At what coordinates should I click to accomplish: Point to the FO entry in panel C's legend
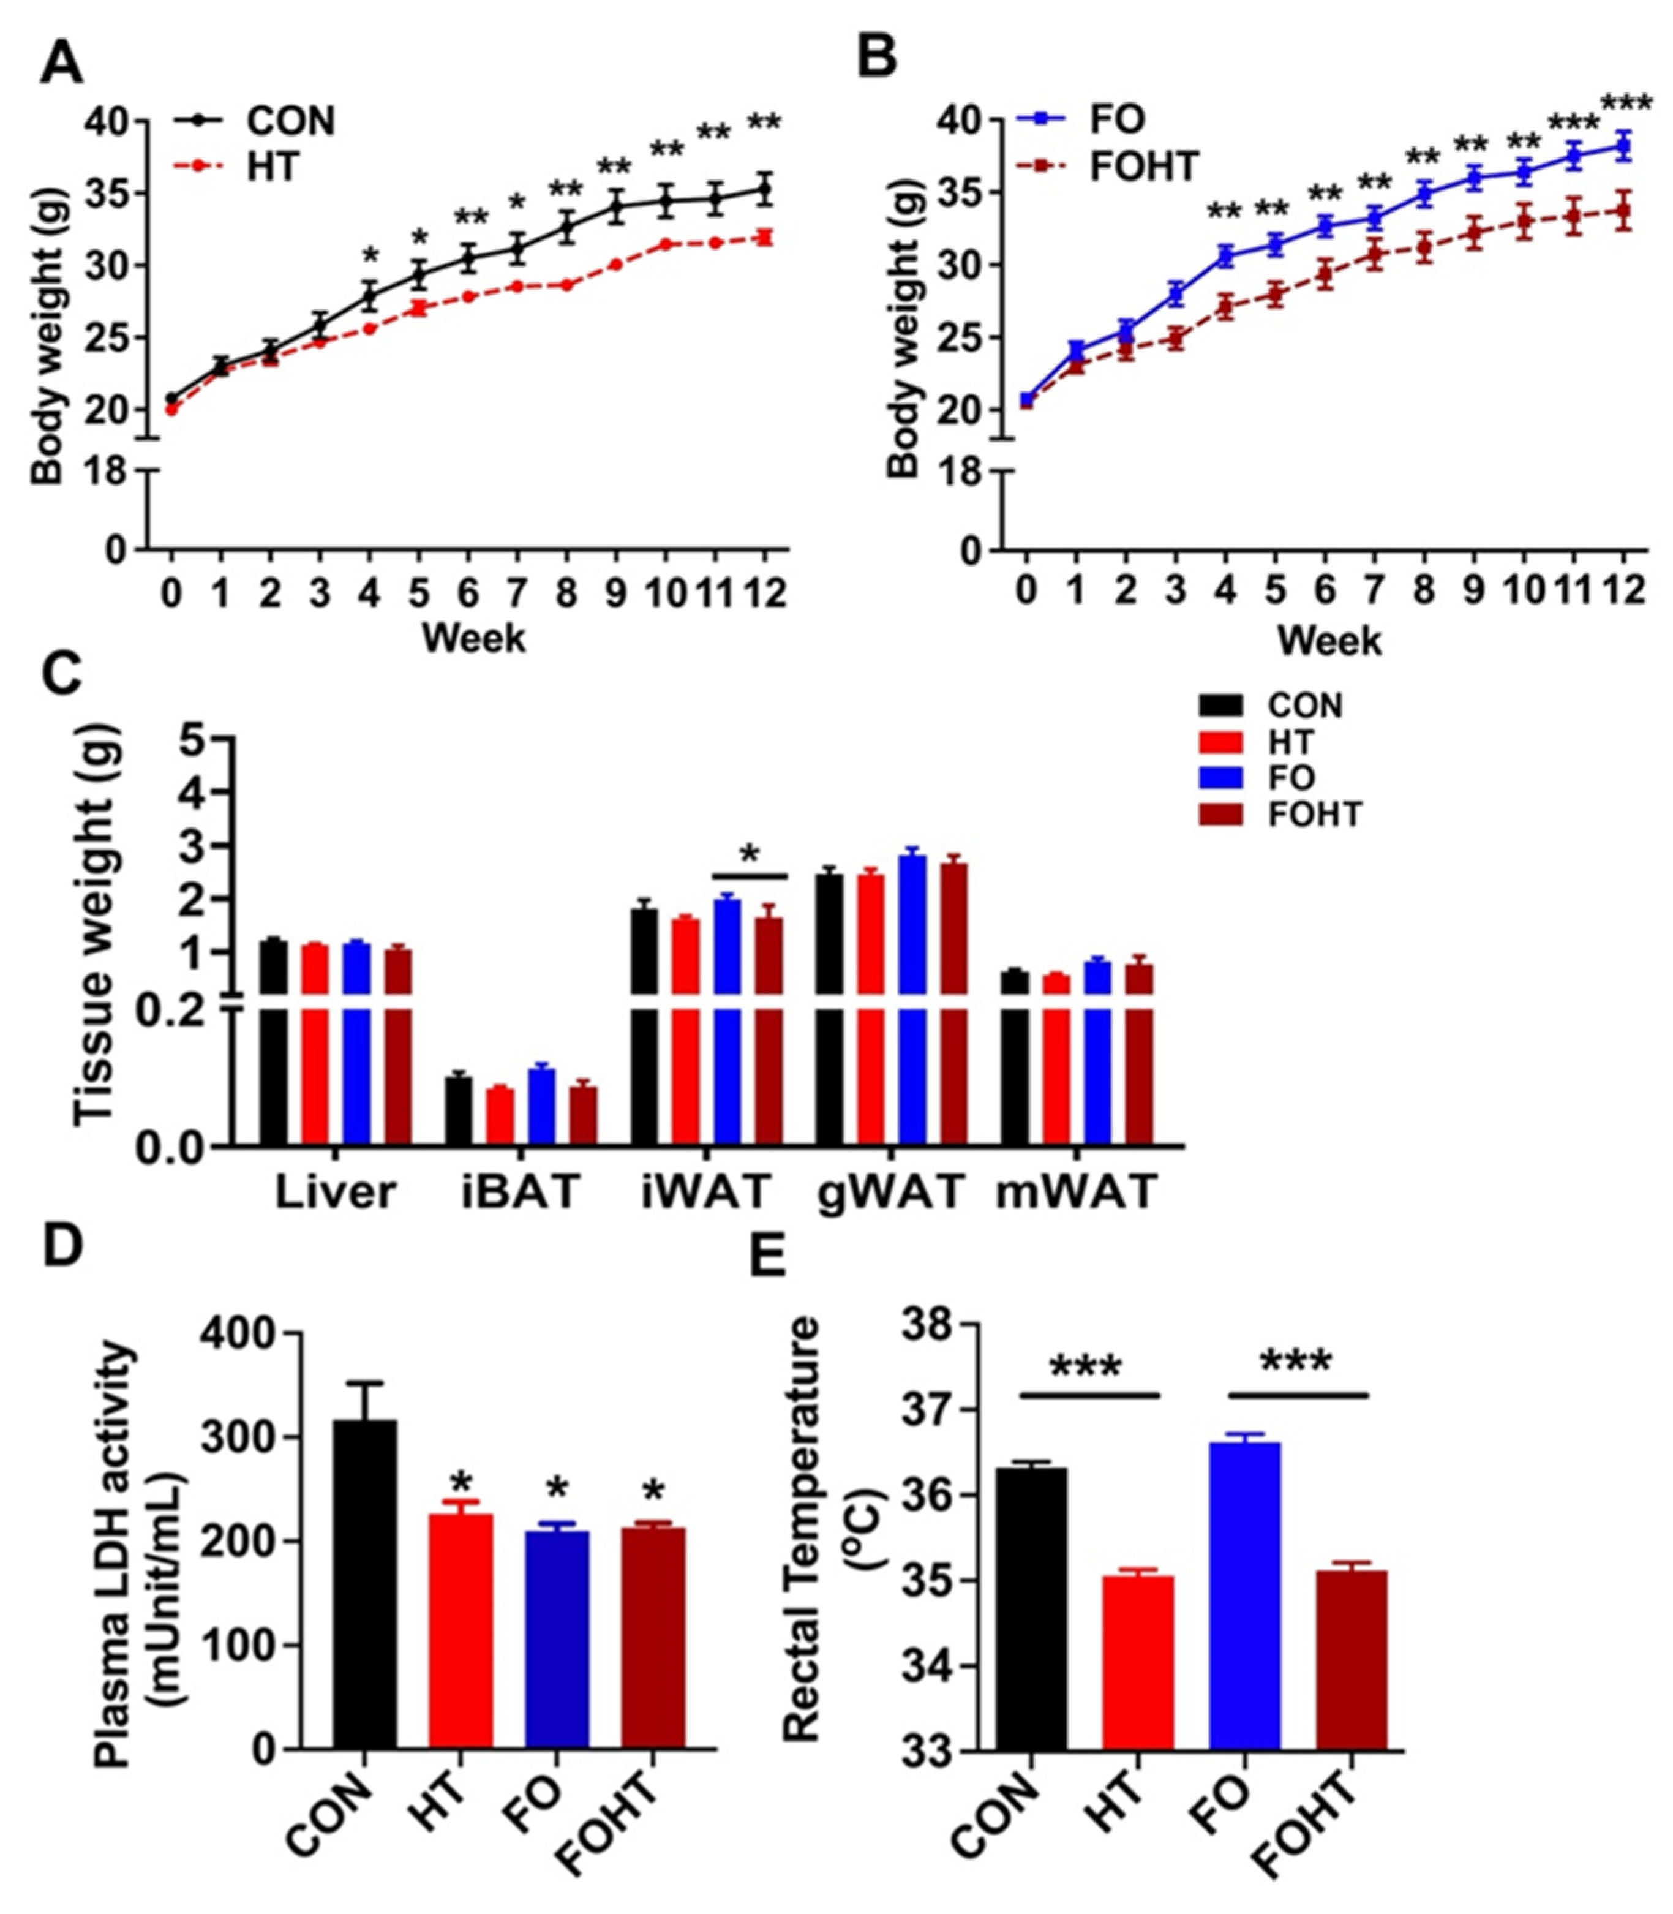(1290, 778)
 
